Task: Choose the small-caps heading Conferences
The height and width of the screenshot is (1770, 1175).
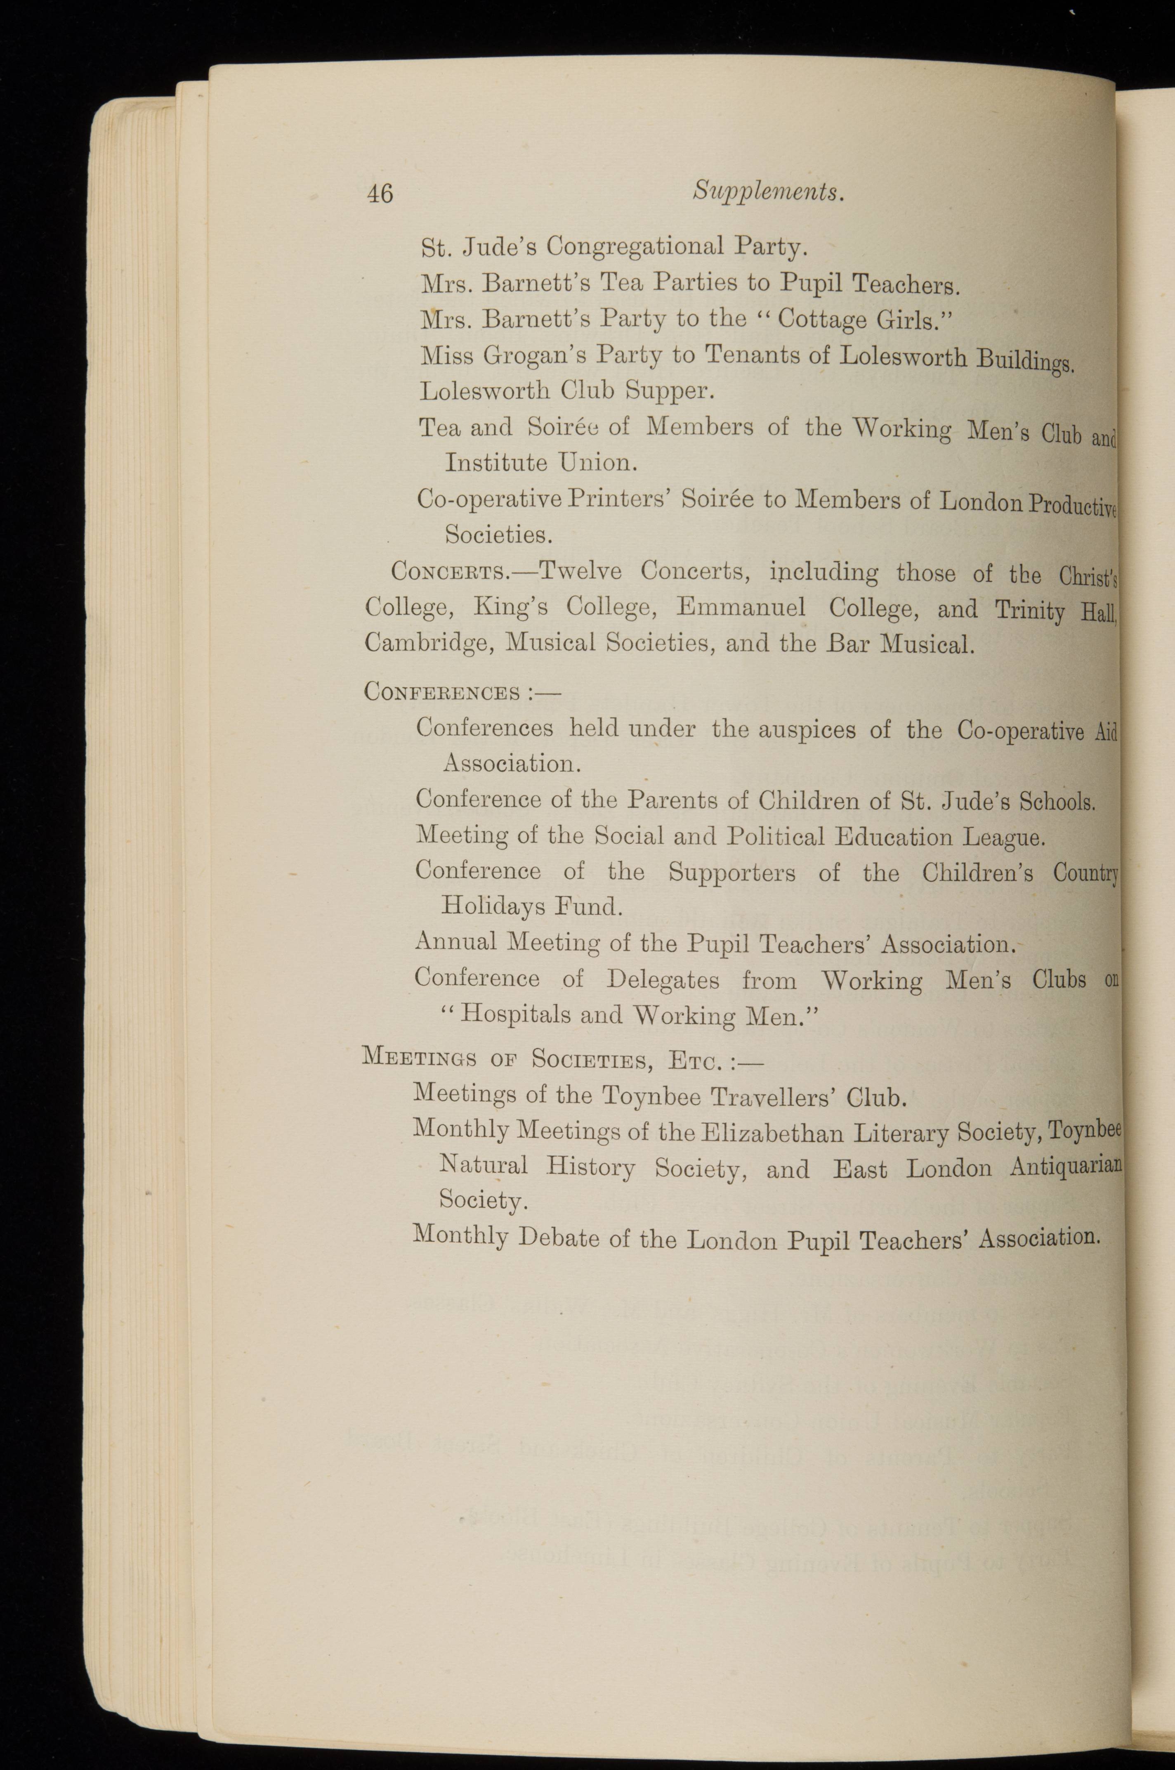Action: [x=442, y=691]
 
